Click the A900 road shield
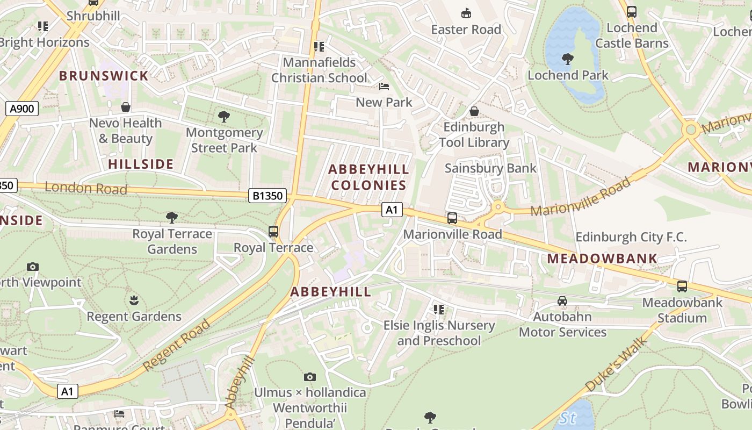pyautogui.click(x=22, y=109)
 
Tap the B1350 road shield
pyautogui.click(x=267, y=196)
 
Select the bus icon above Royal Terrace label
pyautogui.click(x=273, y=232)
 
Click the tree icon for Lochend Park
pyautogui.click(x=567, y=59)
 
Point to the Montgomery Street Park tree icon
pyautogui.click(x=224, y=116)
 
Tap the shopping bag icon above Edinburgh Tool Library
pyautogui.click(x=474, y=111)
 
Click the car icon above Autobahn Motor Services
pyautogui.click(x=562, y=301)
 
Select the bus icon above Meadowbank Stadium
pyautogui.click(x=682, y=286)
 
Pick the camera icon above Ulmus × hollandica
pyautogui.click(x=310, y=377)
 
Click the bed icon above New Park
pyautogui.click(x=384, y=87)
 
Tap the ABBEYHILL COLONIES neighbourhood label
pyautogui.click(x=368, y=177)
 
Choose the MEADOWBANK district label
pyautogui.click(x=602, y=259)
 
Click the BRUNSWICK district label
pyautogui.click(x=104, y=76)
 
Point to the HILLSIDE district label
pyautogui.click(x=141, y=164)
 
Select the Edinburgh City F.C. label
pyautogui.click(x=631, y=237)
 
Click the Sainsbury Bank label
pyautogui.click(x=490, y=168)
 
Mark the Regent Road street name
pyautogui.click(x=177, y=346)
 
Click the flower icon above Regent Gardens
pyautogui.click(x=134, y=300)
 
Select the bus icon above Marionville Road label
pyautogui.click(x=452, y=218)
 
